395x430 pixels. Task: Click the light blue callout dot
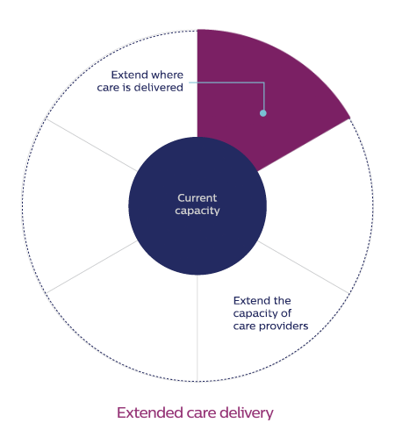click(x=263, y=113)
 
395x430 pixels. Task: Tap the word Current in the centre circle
click(x=197, y=198)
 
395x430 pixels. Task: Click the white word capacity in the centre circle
click(x=197, y=211)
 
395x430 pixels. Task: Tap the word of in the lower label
click(x=286, y=313)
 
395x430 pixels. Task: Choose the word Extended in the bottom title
click(x=150, y=412)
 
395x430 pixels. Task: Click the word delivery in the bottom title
click(x=246, y=413)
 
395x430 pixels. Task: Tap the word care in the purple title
click(x=201, y=413)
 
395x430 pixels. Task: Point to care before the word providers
click(x=245, y=326)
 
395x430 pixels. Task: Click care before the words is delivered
click(x=109, y=88)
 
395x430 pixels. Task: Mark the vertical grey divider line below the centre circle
click(x=197, y=327)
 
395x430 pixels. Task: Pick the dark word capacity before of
click(x=255, y=314)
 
